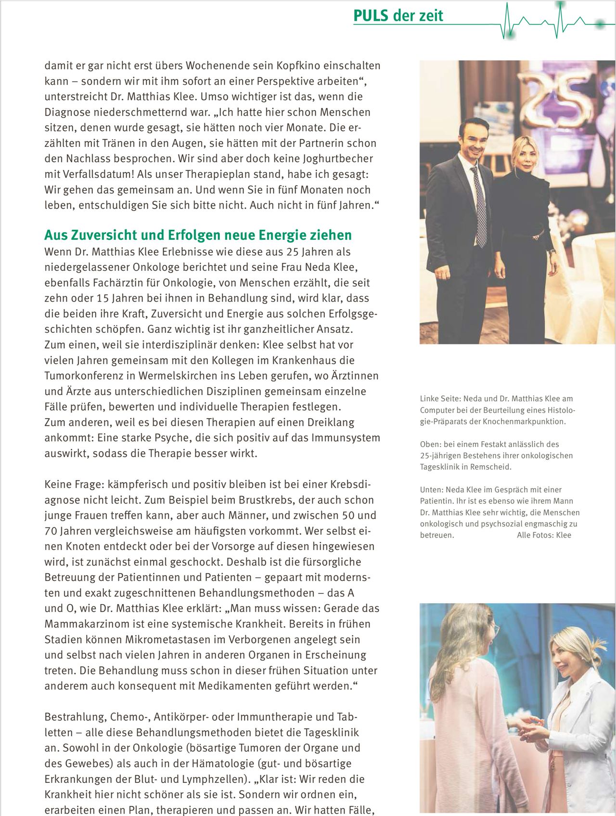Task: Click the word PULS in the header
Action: tap(371, 16)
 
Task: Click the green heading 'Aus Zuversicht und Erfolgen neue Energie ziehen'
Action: tap(198, 235)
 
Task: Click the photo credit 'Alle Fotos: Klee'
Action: tap(544, 535)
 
